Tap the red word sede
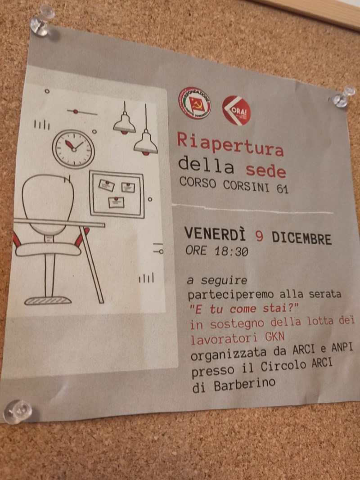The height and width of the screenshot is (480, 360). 265,171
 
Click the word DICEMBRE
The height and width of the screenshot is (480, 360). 301,238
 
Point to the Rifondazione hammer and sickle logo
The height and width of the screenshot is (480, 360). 195,103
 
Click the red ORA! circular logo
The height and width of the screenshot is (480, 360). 236,110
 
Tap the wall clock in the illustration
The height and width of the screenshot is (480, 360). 73,148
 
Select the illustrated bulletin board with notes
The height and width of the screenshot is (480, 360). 117,194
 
